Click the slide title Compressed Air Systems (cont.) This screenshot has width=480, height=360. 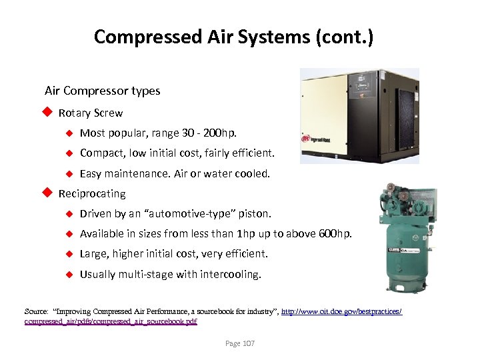coord(233,37)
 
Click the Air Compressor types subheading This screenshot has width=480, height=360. coord(102,91)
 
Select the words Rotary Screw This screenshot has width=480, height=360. coord(91,113)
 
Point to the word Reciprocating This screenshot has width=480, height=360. coord(92,194)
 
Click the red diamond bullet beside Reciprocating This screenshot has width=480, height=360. coord(47,193)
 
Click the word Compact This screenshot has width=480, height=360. coord(100,153)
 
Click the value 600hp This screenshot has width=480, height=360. coord(334,234)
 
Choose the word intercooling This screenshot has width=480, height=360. coord(230,274)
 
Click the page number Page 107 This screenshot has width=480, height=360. coord(239,343)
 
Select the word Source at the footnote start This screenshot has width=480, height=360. coord(35,312)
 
